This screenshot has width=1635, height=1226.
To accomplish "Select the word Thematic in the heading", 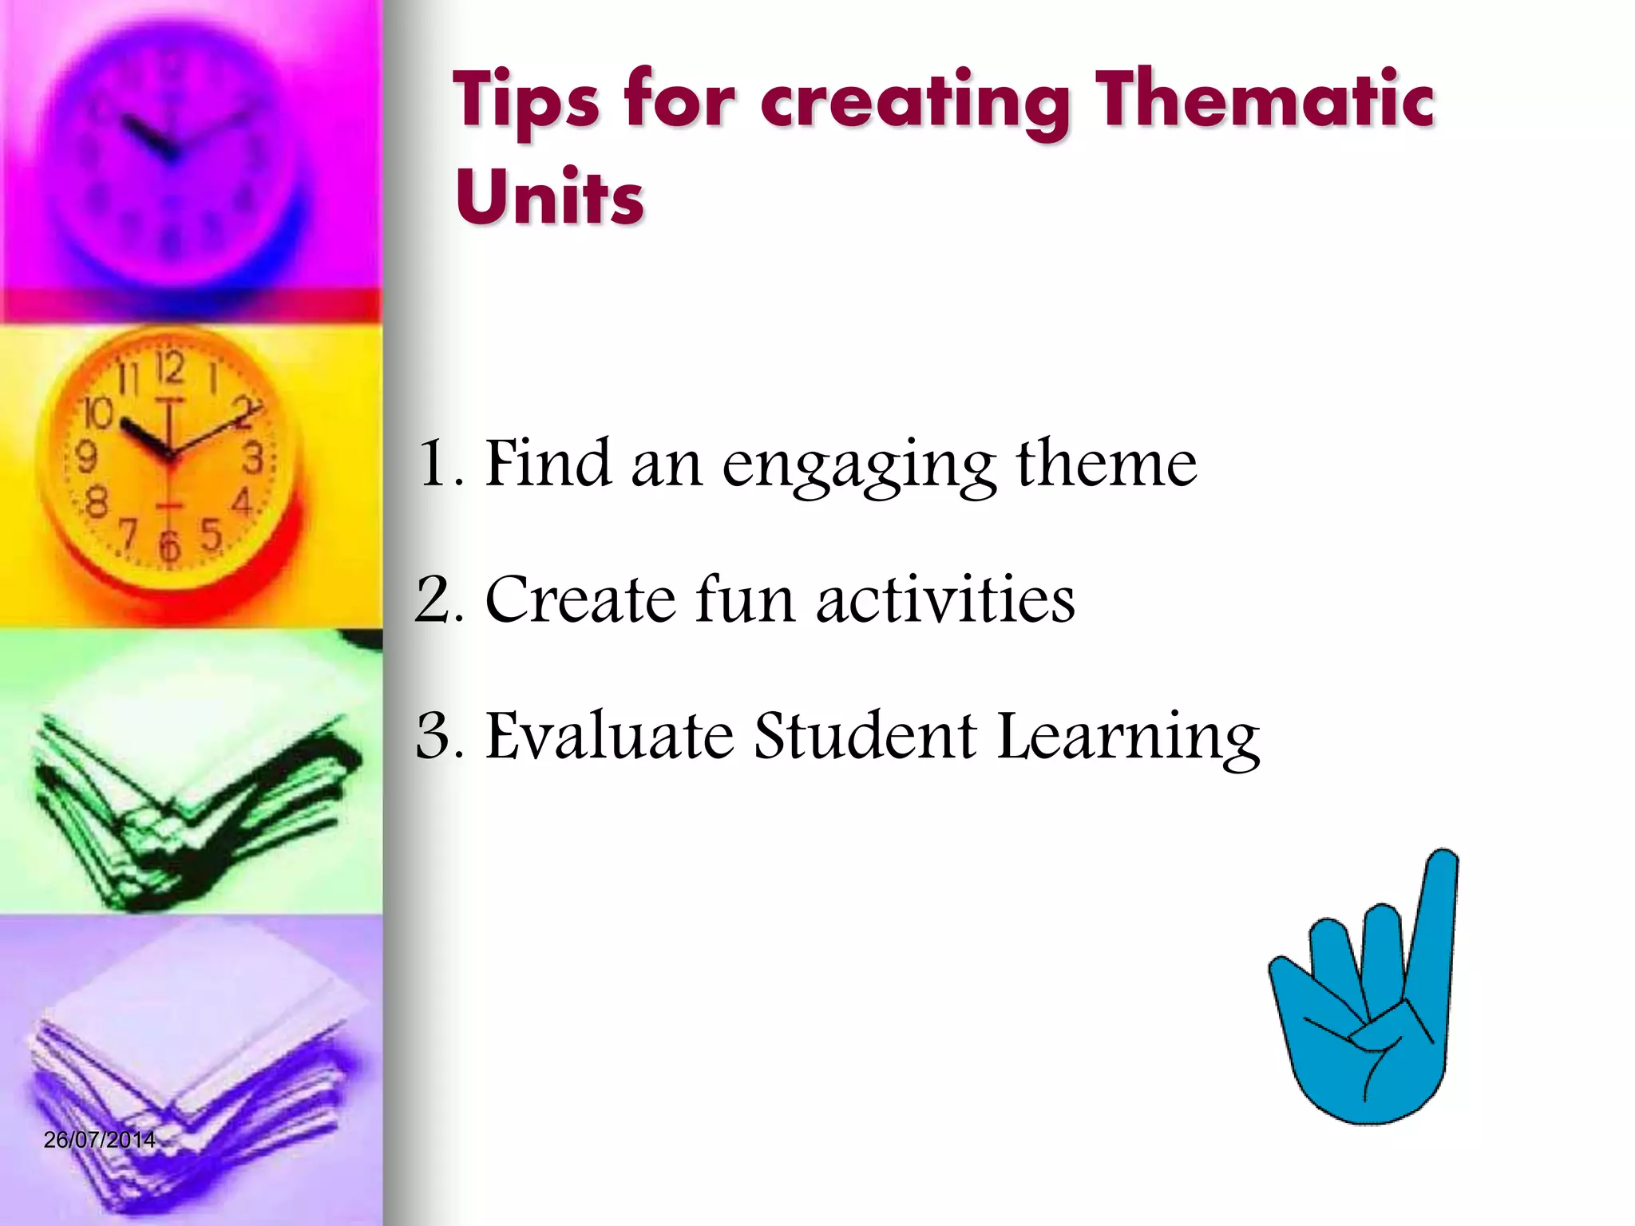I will [x=1265, y=101].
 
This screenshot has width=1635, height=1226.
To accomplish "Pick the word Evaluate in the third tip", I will [x=610, y=734].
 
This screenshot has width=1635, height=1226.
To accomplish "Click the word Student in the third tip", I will [x=865, y=734].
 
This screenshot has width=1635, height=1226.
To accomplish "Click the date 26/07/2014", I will [x=100, y=1140].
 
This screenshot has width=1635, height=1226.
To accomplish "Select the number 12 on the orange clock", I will [x=169, y=368].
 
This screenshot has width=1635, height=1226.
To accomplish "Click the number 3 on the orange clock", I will [x=253, y=459].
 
